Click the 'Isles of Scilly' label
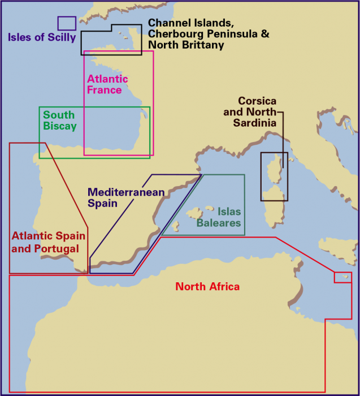41,38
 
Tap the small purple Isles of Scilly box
67,23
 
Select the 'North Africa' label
207,287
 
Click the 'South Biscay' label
59,120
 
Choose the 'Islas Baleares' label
219,218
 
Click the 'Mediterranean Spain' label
125,197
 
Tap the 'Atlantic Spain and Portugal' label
49,242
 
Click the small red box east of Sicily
342,277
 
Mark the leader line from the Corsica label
283,136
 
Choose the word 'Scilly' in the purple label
59,38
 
